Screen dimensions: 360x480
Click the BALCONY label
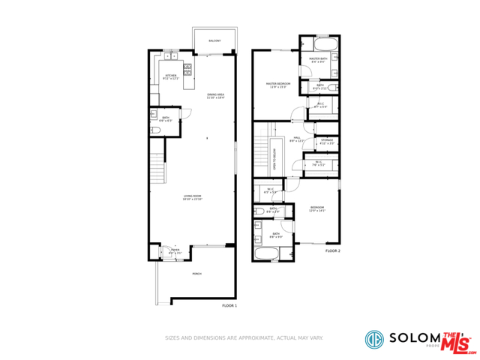214,40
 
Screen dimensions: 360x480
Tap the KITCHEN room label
170,76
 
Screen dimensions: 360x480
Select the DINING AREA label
216,94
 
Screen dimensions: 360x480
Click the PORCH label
196,274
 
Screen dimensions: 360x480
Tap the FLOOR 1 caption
229,306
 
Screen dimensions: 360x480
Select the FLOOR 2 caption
333,250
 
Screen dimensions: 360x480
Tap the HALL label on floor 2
297,138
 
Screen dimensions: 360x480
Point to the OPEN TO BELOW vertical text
275,158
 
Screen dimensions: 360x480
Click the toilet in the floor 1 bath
155,130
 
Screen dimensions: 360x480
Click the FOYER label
175,252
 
